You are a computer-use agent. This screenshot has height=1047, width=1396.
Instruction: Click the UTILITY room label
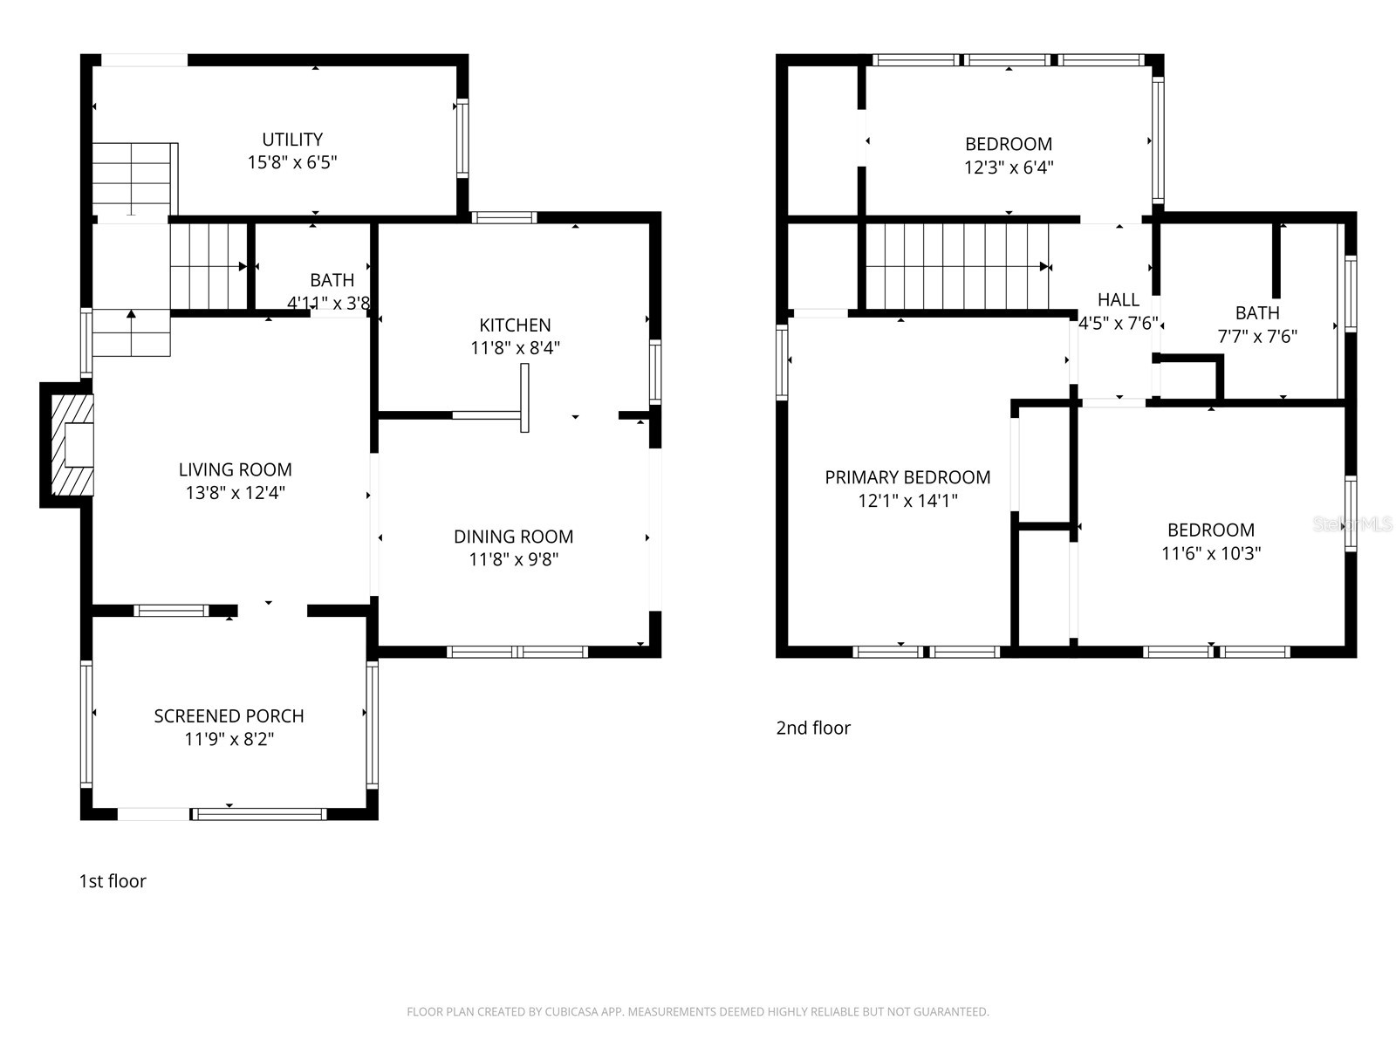pos(292,140)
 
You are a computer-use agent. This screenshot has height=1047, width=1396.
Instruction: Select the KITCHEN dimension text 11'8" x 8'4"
pos(515,348)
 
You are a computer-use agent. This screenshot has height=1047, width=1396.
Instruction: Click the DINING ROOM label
pos(513,537)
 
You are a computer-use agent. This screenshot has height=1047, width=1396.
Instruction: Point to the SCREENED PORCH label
pos(229,716)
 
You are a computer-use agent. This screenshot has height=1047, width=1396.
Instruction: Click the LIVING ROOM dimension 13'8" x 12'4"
pos(235,493)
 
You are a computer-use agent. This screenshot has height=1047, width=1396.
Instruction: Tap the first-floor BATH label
pos(332,280)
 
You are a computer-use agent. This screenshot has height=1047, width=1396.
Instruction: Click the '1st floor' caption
pos(113,881)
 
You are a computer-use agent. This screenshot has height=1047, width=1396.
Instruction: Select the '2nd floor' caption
pos(813,729)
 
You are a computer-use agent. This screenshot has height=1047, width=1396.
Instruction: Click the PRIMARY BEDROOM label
pos(907,477)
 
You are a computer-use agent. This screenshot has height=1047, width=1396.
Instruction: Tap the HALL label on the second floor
pos(1118,299)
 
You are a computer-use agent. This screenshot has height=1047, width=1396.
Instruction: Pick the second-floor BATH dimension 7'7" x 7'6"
pos(1257,337)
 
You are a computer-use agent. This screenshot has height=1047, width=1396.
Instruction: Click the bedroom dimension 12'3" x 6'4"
pos(1009,168)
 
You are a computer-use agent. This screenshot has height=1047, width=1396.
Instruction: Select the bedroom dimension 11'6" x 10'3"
pos(1211,553)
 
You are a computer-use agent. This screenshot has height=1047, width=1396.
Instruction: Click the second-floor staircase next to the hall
pos(956,266)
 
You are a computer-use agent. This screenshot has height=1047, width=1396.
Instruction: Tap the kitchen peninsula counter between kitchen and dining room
pos(524,398)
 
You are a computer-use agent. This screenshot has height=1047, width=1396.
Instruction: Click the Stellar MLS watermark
pos(1352,524)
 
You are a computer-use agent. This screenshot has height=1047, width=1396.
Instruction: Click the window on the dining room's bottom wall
pos(517,652)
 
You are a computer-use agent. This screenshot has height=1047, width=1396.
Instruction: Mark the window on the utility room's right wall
pos(463,139)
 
